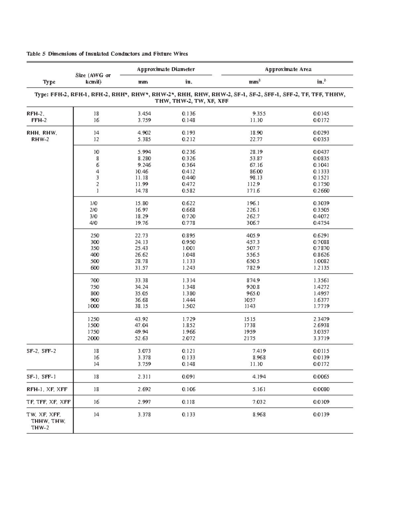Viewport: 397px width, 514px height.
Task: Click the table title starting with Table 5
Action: click(107, 54)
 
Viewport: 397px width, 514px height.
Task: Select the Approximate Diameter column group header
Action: click(166, 69)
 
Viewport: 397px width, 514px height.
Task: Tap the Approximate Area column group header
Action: click(288, 69)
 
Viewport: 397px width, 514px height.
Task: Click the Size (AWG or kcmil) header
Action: click(93, 78)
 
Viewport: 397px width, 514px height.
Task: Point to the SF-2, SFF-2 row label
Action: click(41, 351)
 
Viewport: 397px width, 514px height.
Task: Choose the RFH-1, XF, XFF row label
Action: click(47, 389)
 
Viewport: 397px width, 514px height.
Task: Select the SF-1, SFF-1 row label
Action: click(41, 377)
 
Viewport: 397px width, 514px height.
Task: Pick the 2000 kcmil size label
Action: click(93, 338)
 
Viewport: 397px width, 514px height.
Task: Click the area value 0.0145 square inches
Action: click(321, 114)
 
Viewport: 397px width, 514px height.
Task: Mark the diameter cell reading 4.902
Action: click(144, 133)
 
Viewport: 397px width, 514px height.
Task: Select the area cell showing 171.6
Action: click(254, 191)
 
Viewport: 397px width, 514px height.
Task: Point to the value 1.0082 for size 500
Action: click(321, 261)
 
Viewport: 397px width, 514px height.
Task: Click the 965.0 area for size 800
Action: click(253, 293)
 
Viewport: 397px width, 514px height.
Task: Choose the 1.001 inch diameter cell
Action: click(189, 248)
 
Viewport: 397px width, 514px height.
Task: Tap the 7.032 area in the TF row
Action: click(259, 402)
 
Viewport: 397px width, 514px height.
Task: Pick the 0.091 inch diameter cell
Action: click(189, 377)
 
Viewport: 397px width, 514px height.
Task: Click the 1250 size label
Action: click(93, 319)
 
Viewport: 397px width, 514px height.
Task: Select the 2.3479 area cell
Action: click(321, 319)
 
